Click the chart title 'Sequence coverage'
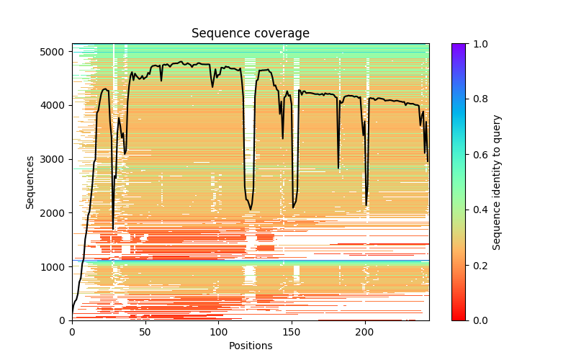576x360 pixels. [250, 34]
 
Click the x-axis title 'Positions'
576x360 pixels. [250, 346]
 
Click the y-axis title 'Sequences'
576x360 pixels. [30, 181]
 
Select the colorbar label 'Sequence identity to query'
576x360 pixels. [497, 181]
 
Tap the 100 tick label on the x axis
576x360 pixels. [218, 331]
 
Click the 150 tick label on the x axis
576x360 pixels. [292, 331]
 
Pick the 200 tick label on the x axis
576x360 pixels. [365, 331]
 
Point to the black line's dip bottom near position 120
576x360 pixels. [251, 210]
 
